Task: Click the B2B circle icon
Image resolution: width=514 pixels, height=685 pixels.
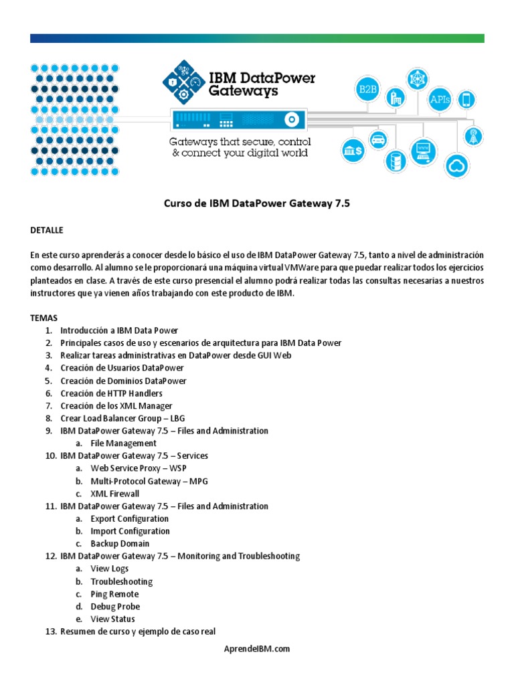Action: point(367,88)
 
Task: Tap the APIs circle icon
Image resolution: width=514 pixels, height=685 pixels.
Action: point(440,99)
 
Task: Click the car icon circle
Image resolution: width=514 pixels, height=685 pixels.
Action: point(378,140)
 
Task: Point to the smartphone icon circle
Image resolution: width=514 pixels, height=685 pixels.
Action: point(466,100)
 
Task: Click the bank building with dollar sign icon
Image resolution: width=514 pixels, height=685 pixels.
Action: point(352,150)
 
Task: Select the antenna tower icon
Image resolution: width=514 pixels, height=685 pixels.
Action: point(473,136)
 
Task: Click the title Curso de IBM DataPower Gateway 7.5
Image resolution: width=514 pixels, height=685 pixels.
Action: point(257,205)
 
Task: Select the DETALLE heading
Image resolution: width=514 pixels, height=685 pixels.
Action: point(46,230)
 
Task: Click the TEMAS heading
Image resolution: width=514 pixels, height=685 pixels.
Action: point(44,318)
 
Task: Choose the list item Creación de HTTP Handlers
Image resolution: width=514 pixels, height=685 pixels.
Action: point(111,393)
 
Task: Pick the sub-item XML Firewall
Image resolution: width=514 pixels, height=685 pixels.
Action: point(115,494)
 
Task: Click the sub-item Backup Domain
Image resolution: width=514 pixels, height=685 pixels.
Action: point(120,544)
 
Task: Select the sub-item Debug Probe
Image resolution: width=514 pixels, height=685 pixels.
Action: point(115,607)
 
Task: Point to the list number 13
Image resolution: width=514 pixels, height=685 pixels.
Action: point(50,631)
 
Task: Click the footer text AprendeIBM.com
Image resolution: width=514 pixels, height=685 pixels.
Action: point(257,649)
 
